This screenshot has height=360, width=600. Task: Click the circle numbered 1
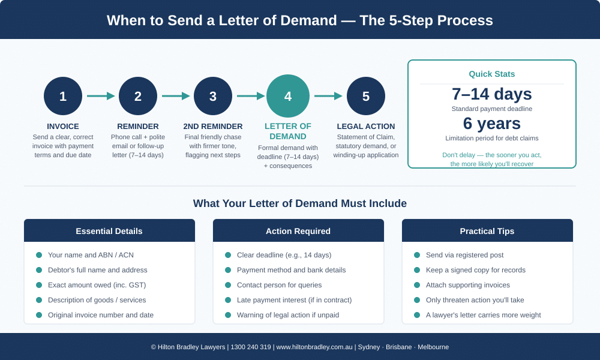click(x=63, y=96)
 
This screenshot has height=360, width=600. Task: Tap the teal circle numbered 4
click(x=288, y=96)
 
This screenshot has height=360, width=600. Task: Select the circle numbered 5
click(x=366, y=96)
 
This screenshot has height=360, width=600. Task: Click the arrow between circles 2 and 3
click(x=176, y=96)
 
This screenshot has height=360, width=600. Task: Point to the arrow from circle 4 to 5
click(x=328, y=96)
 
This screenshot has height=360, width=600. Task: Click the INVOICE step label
click(x=63, y=127)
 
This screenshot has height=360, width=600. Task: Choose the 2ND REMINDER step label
click(x=213, y=127)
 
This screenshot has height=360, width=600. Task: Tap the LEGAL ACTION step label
click(x=366, y=127)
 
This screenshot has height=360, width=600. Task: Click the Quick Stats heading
click(x=492, y=74)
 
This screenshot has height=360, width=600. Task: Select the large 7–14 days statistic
click(x=492, y=94)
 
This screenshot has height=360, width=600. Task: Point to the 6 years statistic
click(x=492, y=124)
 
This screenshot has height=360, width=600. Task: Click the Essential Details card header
click(x=109, y=231)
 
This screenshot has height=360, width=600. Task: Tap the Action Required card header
click(x=298, y=231)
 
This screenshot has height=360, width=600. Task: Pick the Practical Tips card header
click(x=487, y=231)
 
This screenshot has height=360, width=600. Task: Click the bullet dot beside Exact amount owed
click(x=39, y=285)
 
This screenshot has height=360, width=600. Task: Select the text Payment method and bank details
click(x=291, y=270)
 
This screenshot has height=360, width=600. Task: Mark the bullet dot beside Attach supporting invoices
click(x=417, y=285)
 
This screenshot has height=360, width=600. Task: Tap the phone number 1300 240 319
click(x=251, y=347)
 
